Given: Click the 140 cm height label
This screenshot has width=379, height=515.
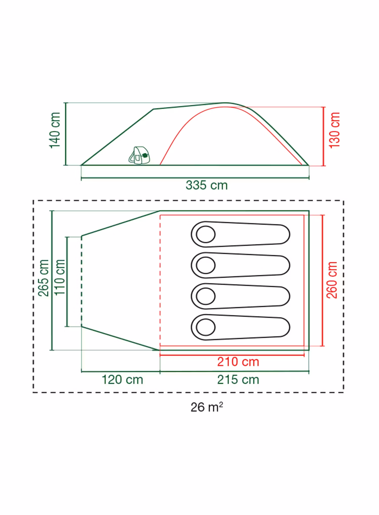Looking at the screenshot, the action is pos(55,130).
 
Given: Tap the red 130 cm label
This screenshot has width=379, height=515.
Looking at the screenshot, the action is pos(334,130).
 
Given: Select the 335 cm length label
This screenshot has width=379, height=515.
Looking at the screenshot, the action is pos(207,185).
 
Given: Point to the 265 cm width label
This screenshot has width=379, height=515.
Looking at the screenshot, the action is pos(43,278).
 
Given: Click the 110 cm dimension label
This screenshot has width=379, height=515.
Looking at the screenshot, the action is pos(60,277).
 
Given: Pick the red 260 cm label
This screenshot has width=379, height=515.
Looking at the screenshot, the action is pos(332,280).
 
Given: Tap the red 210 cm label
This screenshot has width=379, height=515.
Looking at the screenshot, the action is pos(238,362).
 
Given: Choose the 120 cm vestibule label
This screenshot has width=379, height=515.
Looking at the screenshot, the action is pos(122,380).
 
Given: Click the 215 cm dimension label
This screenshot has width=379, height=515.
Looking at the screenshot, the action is pos(238,380).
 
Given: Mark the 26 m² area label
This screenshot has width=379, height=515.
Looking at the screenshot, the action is pos(207,407).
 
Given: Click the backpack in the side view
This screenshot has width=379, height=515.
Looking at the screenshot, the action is pos(139,155).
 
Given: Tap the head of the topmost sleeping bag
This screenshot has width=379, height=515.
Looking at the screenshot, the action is pos(206,234).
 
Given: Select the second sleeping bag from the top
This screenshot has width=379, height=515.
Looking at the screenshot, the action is pos(240,265).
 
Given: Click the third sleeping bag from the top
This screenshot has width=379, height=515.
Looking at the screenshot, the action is pos(240,296).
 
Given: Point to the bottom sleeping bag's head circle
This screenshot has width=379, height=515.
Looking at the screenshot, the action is pos(206,327).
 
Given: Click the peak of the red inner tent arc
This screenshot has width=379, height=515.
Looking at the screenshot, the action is pos(225,107).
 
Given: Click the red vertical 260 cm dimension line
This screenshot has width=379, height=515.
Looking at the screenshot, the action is pos(322,280).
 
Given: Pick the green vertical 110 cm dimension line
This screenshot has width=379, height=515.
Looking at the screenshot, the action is pos(67,282).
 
